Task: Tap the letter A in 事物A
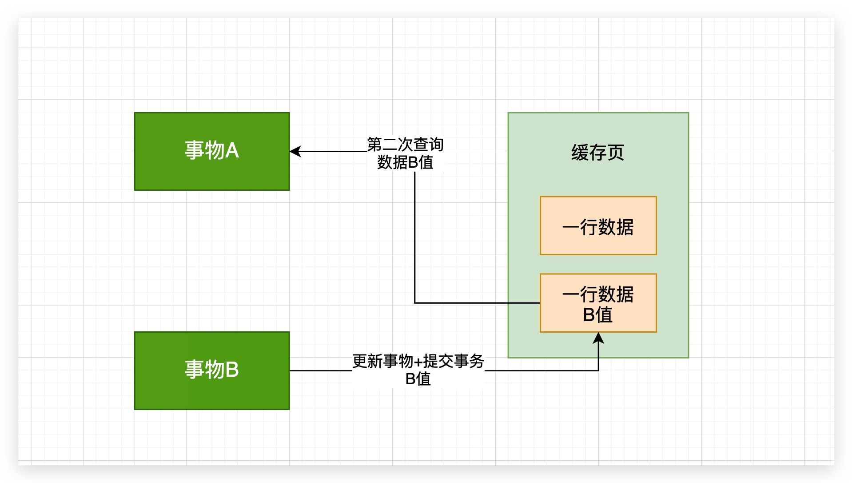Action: pos(232,150)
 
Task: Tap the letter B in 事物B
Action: pos(232,370)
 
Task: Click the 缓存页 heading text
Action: pos(597,153)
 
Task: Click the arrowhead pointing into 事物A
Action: pos(295,151)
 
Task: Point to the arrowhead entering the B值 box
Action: pos(598,338)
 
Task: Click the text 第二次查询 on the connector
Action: pos(405,145)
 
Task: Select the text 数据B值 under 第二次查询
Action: pos(405,162)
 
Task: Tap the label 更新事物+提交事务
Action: pos(418,361)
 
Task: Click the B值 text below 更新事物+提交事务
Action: pos(418,379)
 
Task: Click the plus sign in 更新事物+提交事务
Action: pos(418,362)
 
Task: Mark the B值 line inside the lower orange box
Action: pos(597,315)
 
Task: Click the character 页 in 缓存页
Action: pos(616,153)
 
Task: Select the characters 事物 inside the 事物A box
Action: pos(204,150)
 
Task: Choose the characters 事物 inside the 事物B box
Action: pos(204,370)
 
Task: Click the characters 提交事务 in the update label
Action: pos(453,361)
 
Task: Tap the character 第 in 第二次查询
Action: pos(374,145)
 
